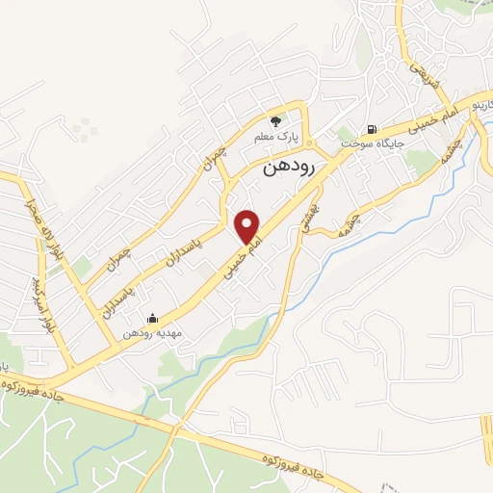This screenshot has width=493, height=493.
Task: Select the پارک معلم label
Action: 276,137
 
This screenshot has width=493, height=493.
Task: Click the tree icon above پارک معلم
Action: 276,121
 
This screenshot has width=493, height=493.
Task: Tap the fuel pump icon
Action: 371,129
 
